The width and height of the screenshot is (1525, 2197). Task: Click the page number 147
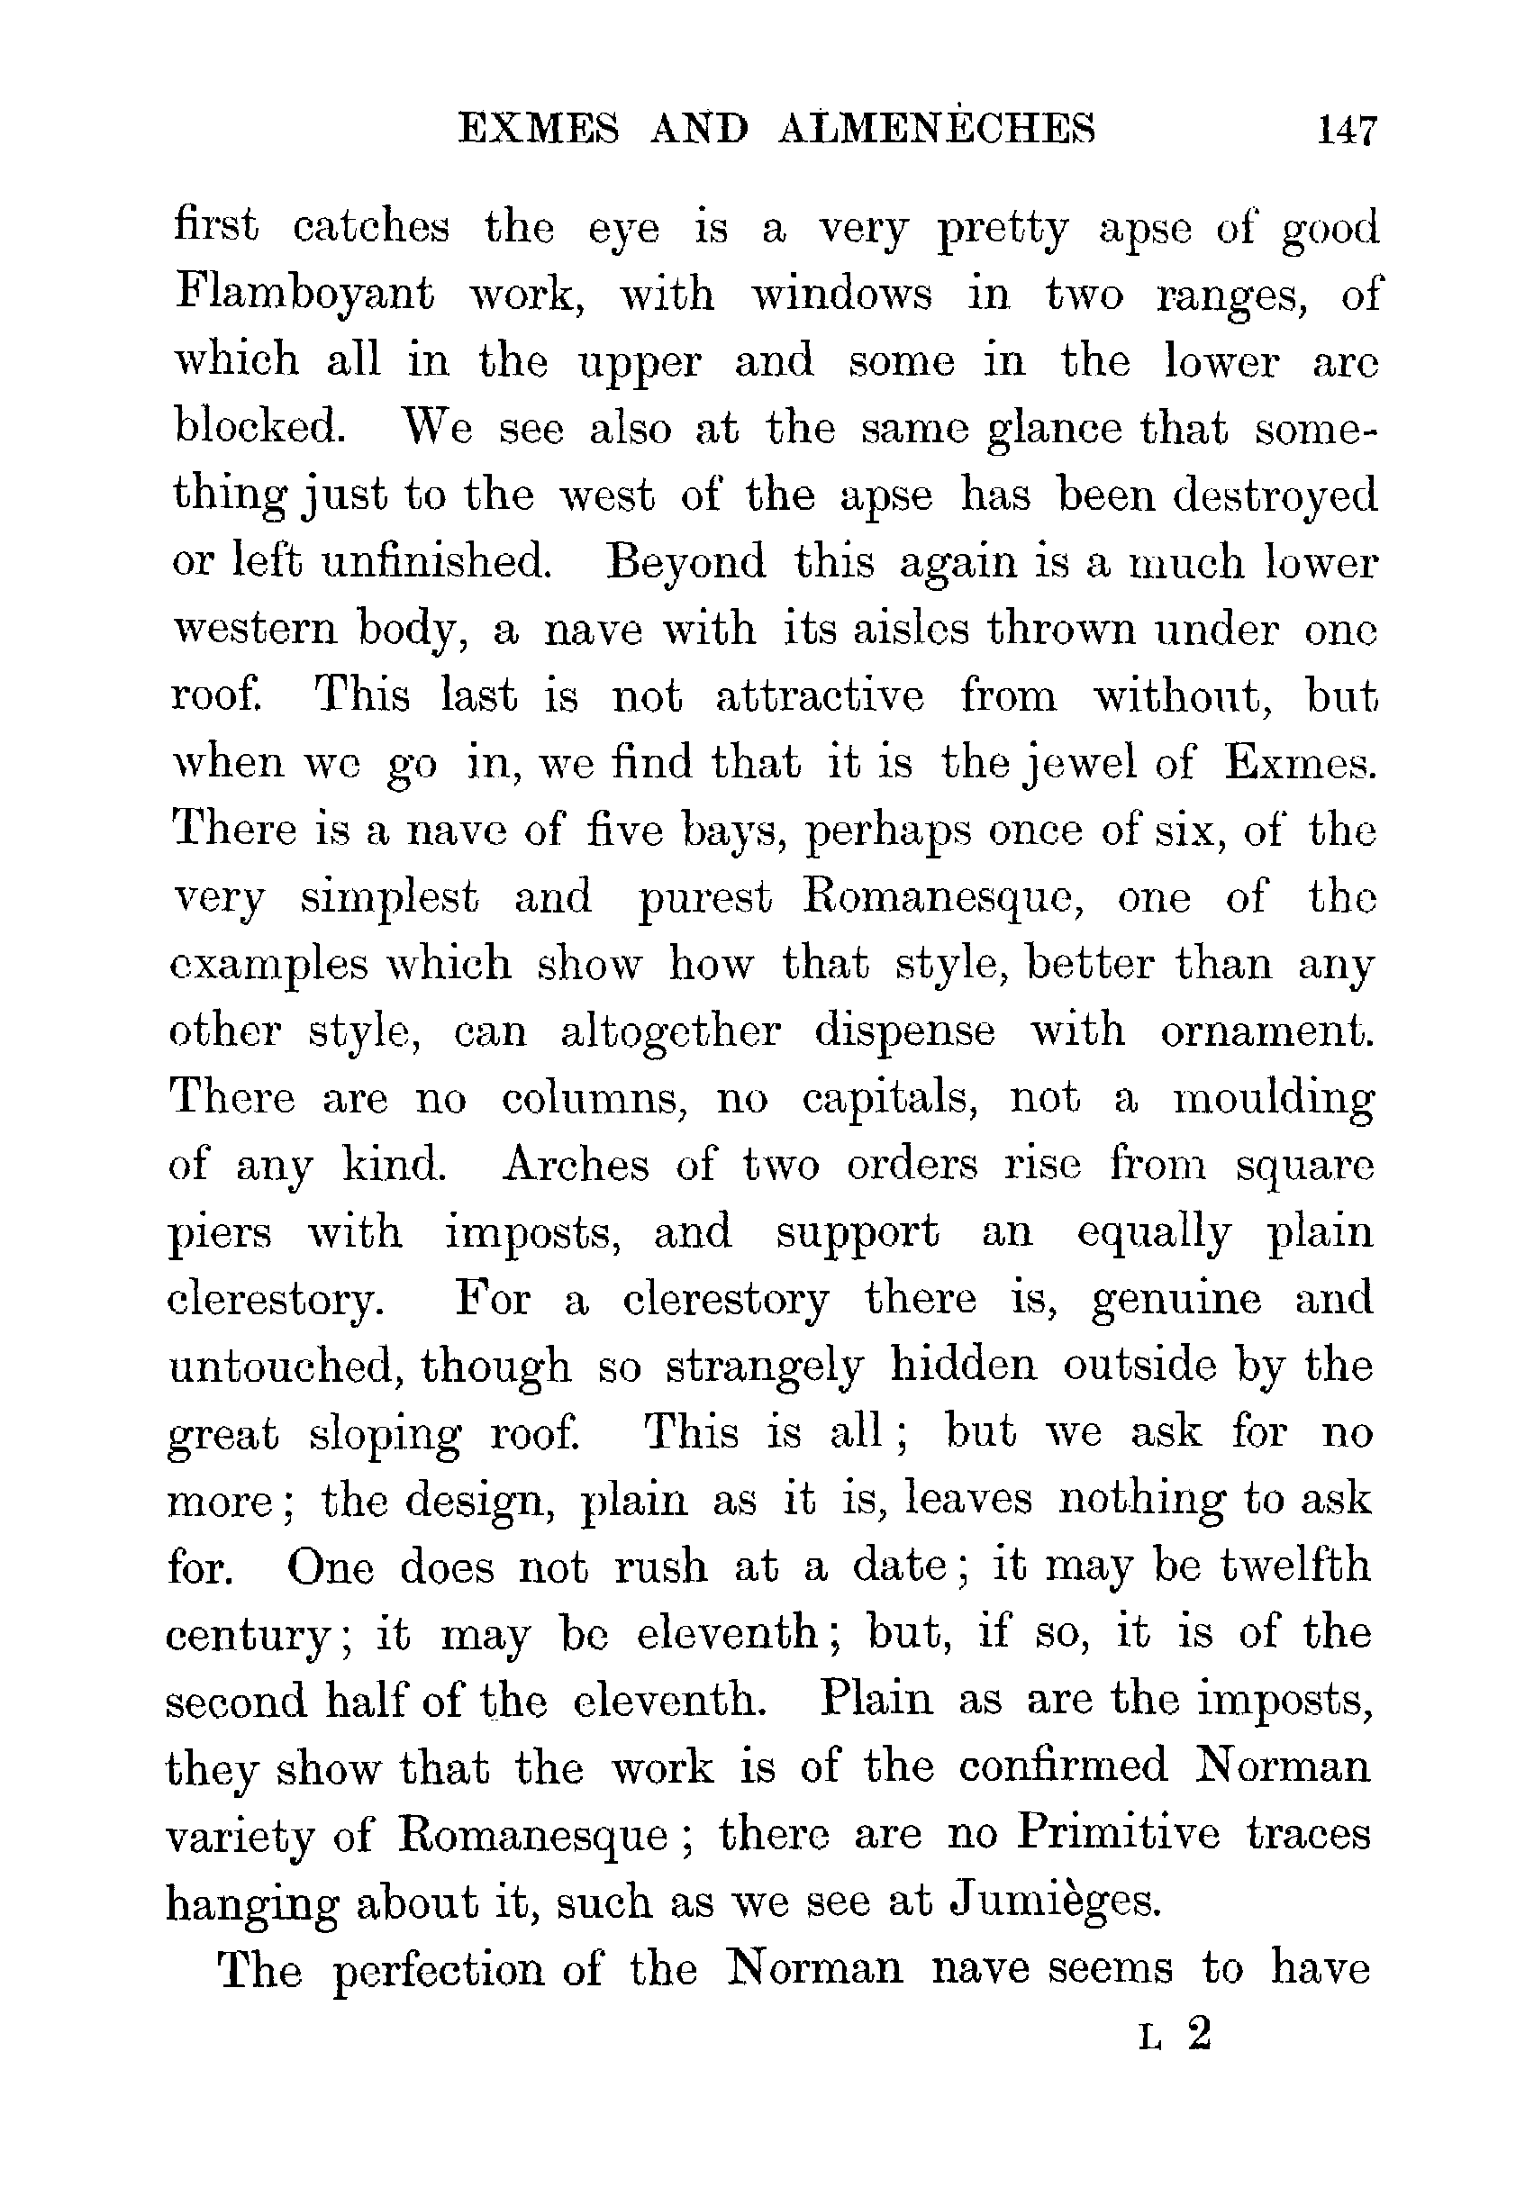[x=1348, y=129]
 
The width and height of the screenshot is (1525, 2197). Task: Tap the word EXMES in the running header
[x=538, y=128]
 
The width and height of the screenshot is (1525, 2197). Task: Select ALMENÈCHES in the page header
[x=938, y=128]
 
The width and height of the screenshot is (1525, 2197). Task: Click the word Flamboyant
[x=304, y=294]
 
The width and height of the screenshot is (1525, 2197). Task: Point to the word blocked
[x=259, y=426]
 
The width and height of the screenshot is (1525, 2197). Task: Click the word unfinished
[x=437, y=561]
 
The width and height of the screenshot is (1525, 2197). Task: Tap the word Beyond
[x=686, y=561]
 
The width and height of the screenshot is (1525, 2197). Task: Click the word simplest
[x=389, y=896]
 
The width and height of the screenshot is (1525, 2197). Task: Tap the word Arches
[x=576, y=1164]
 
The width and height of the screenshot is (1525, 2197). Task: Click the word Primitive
[x=1117, y=1833]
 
